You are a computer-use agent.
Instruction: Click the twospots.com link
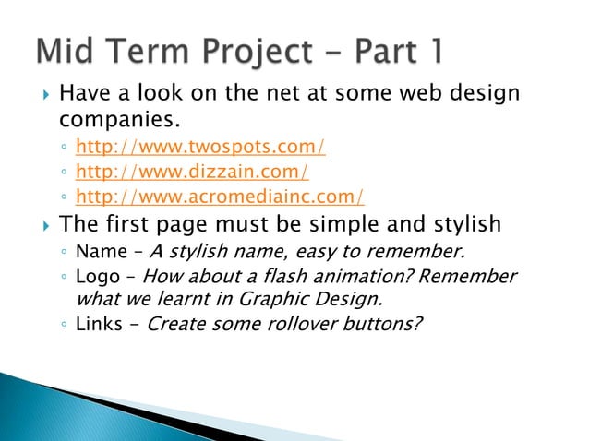point(199,146)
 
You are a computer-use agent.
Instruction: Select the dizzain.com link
point(191,171)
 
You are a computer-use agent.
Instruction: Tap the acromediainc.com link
point(219,196)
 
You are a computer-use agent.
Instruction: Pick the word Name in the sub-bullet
point(96,252)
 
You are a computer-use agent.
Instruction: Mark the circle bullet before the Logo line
point(64,278)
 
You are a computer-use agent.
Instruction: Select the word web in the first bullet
point(415,94)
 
